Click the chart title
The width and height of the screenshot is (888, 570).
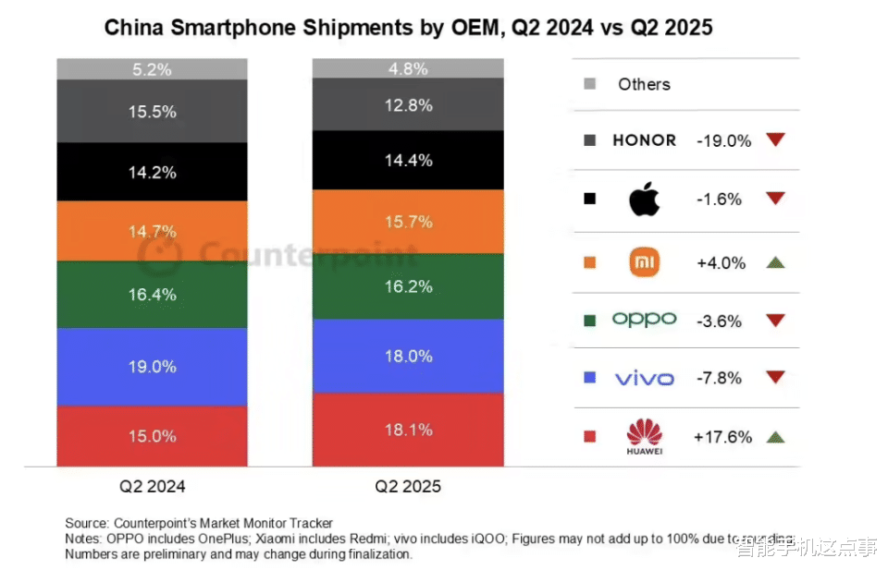[x=408, y=27]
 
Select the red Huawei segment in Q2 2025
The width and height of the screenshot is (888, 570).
[x=408, y=443]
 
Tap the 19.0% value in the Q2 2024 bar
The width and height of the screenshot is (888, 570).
[x=153, y=366]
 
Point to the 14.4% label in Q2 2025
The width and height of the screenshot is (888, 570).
[x=408, y=159]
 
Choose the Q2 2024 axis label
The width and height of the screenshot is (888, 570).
[x=153, y=485]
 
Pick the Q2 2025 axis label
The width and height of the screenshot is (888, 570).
[x=408, y=485]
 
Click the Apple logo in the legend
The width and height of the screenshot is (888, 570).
[x=645, y=199]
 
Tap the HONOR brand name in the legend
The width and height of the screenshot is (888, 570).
[x=645, y=140]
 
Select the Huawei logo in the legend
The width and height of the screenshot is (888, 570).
[x=645, y=435]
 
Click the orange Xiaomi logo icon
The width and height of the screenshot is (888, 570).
[x=645, y=262]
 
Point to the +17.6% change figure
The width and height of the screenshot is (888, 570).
[x=722, y=437]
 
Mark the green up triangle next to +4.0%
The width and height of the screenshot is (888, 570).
[x=775, y=262]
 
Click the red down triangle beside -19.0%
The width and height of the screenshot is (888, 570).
[x=775, y=140]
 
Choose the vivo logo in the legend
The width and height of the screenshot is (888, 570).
[x=645, y=378]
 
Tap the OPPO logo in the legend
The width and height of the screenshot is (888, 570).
[x=645, y=320]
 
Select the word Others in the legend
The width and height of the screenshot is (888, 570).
[x=644, y=84]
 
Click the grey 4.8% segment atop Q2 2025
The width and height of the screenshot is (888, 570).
[x=408, y=68]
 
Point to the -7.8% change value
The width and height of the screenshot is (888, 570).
[x=721, y=378]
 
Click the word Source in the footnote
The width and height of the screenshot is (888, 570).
[x=86, y=524]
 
